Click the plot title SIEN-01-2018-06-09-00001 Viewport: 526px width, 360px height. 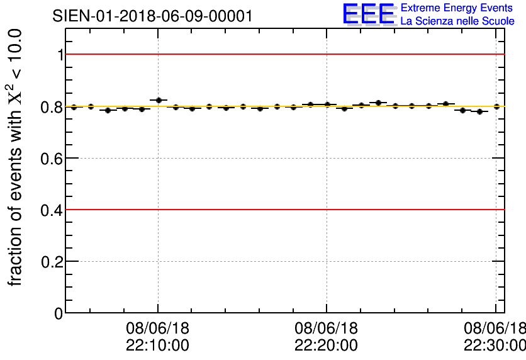[153, 16]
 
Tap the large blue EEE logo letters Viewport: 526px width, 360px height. [369, 14]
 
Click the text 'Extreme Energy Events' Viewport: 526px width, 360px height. [457, 8]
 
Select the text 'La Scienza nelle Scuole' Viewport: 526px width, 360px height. [457, 21]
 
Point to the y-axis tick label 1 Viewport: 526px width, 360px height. [60, 55]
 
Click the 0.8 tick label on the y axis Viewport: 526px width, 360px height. [52, 107]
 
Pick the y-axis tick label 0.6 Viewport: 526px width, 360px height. [52, 159]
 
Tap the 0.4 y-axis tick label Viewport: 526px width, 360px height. [52, 210]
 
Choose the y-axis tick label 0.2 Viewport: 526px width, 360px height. [52, 262]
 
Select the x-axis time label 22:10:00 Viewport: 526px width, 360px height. [157, 346]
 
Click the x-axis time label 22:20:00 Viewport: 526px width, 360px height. [326, 346]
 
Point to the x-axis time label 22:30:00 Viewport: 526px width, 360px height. [495, 346]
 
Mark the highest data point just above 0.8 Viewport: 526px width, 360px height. [159, 100]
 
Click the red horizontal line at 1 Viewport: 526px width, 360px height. [283, 54]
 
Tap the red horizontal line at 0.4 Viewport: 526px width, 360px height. [283, 210]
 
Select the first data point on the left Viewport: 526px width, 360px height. [74, 107]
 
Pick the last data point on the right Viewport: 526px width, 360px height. [497, 106]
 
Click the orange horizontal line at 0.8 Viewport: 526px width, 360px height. [283, 107]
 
